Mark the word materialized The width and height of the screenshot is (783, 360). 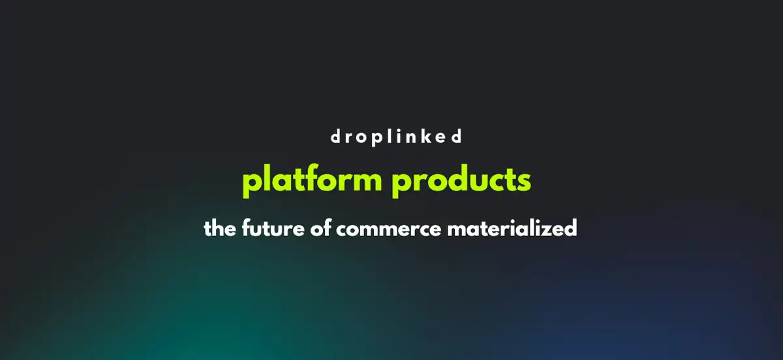pyautogui.click(x=507, y=230)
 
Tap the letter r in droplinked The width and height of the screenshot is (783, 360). pyautogui.click(x=348, y=138)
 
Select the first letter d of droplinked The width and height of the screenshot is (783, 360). pyautogui.click(x=334, y=137)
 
